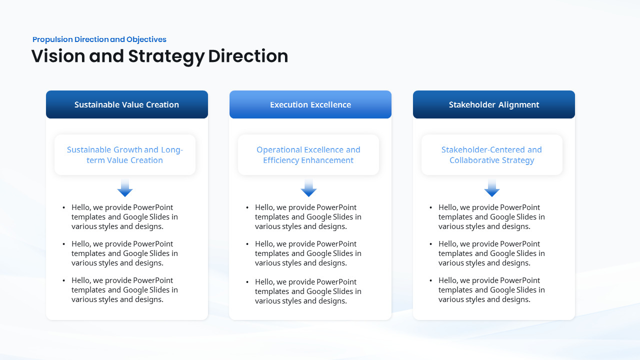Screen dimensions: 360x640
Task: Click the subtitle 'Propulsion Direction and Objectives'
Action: [x=99, y=39]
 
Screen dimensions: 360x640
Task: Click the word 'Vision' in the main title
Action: [x=58, y=56]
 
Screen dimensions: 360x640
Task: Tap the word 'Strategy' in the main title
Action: [x=166, y=56]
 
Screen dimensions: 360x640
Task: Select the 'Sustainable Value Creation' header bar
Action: [x=126, y=104]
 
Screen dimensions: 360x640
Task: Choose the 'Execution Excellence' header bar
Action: [x=310, y=104]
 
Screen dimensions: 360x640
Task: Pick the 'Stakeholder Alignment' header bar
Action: [x=493, y=104]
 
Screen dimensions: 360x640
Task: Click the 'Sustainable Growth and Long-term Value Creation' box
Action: [x=124, y=155]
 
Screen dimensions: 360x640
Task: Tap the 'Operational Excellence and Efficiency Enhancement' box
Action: [x=308, y=155]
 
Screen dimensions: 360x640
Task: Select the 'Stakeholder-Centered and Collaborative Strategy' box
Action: [x=491, y=155]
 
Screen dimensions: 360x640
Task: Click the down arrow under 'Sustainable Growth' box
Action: [x=125, y=188]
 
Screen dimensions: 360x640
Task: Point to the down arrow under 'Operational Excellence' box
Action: [x=308, y=188]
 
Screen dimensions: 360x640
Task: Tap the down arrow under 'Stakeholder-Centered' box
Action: [x=492, y=188]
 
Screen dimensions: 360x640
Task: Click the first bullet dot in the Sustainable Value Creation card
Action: [x=64, y=207]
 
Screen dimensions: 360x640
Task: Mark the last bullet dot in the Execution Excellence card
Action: [x=247, y=282]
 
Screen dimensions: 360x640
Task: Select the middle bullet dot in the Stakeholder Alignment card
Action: [x=431, y=244]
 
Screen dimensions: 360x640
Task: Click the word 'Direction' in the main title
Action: [x=248, y=56]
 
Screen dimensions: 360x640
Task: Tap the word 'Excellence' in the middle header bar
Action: [x=330, y=104]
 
